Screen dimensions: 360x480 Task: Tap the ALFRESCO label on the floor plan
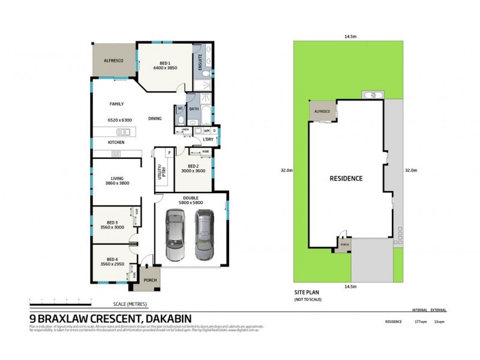113,60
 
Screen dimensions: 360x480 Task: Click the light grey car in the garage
176,235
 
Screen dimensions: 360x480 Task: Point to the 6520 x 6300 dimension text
119,120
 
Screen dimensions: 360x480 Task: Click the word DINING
155,118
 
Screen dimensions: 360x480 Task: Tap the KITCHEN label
116,142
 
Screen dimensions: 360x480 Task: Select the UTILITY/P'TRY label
160,173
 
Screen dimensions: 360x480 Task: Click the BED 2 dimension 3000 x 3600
193,171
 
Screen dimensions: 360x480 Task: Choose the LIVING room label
116,178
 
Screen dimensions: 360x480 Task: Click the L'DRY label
208,139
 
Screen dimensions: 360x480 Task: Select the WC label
179,109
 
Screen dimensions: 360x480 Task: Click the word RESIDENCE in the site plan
346,178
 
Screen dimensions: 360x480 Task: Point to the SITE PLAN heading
306,293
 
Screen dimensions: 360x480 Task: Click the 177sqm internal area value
420,322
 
